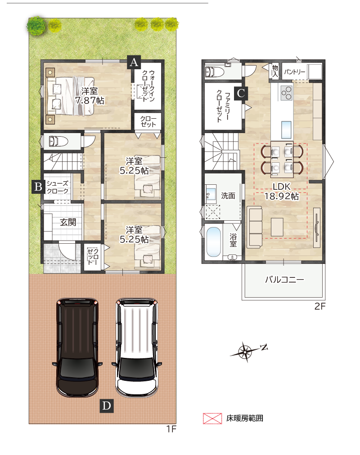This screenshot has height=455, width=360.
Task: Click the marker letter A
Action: click(x=134, y=62)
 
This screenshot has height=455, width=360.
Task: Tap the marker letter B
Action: click(x=38, y=187)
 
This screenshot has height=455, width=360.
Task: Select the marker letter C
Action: click(x=241, y=93)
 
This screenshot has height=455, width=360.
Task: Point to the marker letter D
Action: click(x=107, y=406)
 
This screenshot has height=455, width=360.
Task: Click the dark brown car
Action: click(x=77, y=347)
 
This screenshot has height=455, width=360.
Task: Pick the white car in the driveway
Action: click(x=137, y=347)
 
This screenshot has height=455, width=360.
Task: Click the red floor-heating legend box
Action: click(x=212, y=418)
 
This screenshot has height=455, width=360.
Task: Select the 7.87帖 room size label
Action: click(x=90, y=100)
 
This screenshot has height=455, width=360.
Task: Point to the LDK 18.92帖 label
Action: click(x=281, y=192)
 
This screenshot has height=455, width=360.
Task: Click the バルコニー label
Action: click(x=284, y=280)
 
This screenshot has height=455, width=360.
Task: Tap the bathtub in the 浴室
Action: click(x=213, y=242)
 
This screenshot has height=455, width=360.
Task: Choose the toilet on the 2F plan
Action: click(x=214, y=71)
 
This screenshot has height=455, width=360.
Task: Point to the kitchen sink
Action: click(x=286, y=130)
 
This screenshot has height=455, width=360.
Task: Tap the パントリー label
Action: click(x=294, y=71)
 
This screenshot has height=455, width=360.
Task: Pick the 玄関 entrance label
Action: click(x=68, y=222)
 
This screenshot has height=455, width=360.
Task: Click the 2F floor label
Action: click(x=320, y=306)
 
